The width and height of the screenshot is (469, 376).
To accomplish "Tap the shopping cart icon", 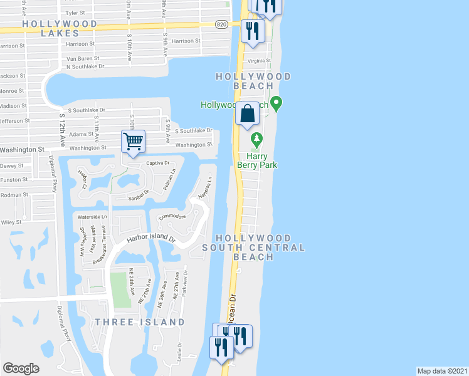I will click(133, 141).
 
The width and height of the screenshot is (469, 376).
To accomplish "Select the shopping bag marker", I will click(248, 113).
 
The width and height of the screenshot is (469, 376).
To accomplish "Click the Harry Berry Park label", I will click(257, 160).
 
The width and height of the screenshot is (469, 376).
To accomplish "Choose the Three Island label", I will click(140, 322).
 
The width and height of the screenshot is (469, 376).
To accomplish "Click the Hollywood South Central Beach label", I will click(253, 248).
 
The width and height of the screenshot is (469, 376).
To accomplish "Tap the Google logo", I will click(21, 368).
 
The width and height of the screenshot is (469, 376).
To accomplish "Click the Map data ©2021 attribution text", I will click(443, 371).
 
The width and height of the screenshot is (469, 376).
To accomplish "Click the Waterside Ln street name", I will click(92, 216).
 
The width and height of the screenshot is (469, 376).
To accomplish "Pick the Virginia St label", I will click(260, 61).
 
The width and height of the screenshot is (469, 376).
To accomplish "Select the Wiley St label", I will click(11, 222).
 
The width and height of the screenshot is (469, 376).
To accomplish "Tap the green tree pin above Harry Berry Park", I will click(255, 138).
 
